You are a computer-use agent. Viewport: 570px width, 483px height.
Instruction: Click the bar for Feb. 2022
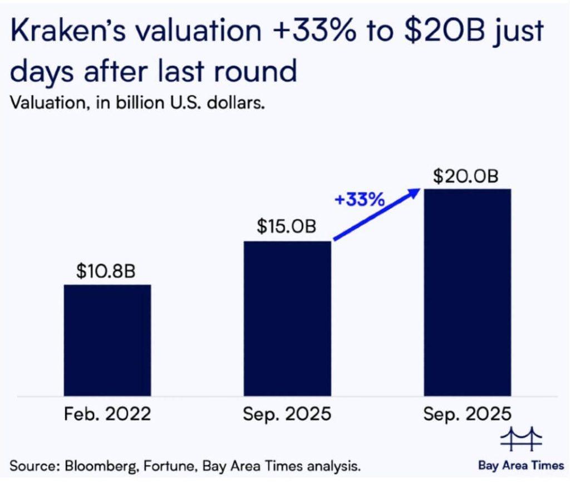coord(107,340)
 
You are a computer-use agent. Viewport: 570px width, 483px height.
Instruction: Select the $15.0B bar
coord(287,318)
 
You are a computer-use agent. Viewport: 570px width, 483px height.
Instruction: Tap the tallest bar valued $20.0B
coord(467,292)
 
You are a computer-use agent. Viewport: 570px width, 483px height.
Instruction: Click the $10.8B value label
coord(106,273)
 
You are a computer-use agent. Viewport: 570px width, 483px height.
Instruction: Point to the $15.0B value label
coord(287,227)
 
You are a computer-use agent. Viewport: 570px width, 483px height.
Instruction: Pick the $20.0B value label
coord(466,176)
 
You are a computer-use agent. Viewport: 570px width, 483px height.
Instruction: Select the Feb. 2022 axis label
coord(107,415)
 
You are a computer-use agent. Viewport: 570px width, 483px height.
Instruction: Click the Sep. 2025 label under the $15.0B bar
coord(287,415)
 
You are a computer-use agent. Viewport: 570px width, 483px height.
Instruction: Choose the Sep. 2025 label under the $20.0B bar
coord(467,415)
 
